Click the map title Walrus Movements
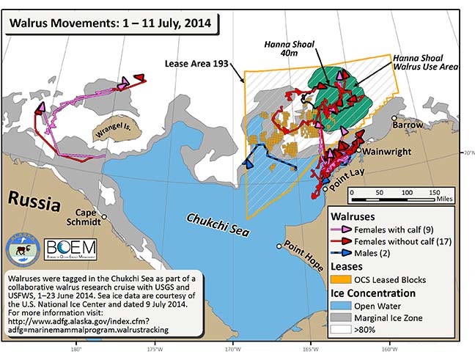coord(110,23)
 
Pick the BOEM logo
coord(72,249)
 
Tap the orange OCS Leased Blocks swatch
coord(345,279)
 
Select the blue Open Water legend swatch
coord(345,305)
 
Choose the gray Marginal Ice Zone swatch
coord(345,317)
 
